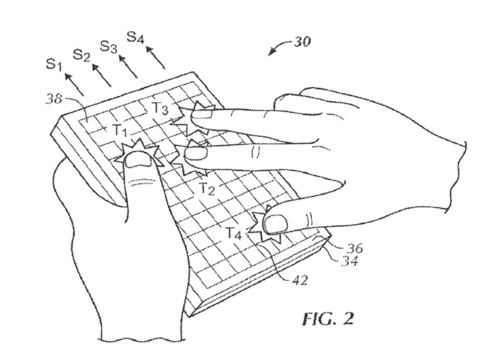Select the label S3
click(109, 47)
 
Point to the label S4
click(136, 38)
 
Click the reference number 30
click(301, 42)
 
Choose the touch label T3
click(160, 108)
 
